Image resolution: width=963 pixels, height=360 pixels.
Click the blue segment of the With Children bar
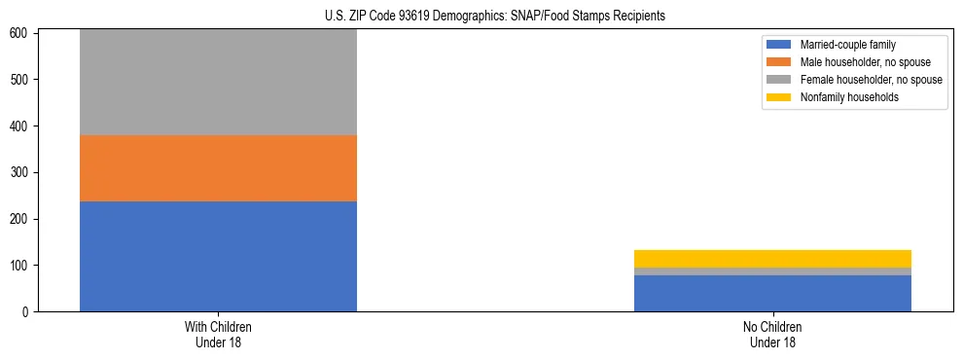pyautogui.click(x=218, y=256)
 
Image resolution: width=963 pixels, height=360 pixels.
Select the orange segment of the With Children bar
pyautogui.click(x=218, y=167)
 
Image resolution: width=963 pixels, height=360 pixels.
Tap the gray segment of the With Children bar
pyautogui.click(x=218, y=82)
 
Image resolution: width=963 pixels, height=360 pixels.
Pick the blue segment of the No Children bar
pyautogui.click(x=772, y=293)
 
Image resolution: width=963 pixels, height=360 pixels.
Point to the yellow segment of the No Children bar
pyautogui.click(x=772, y=259)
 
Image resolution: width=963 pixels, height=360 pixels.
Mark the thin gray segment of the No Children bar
pyautogui.click(x=772, y=271)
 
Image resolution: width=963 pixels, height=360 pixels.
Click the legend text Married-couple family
pyautogui.click(x=847, y=45)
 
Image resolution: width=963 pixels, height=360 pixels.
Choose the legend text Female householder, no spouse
pyautogui.click(x=871, y=80)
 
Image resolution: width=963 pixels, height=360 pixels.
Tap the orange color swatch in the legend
pyautogui.click(x=779, y=62)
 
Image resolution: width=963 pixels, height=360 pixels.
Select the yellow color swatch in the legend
pyautogui.click(x=779, y=97)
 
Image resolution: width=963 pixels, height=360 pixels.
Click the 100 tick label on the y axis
pyautogui.click(x=21, y=266)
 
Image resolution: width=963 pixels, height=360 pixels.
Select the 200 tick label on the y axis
pyautogui.click(x=21, y=219)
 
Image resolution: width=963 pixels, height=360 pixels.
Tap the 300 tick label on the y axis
pyautogui.click(x=21, y=172)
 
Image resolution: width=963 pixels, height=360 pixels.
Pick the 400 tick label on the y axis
pyautogui.click(x=21, y=126)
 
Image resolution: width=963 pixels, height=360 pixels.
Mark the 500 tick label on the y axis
pyautogui.click(x=21, y=80)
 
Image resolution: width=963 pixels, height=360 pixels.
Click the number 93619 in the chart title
pyautogui.click(x=410, y=17)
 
